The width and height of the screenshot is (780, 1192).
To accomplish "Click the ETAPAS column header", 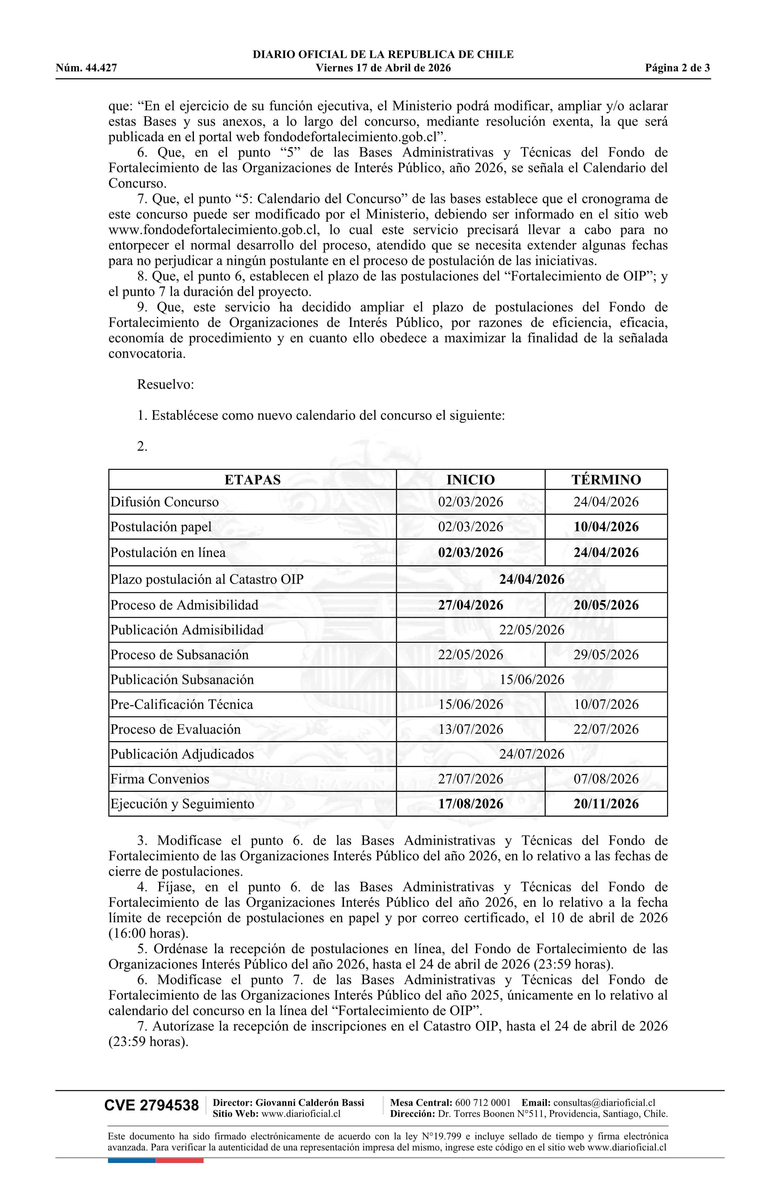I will tap(252, 480).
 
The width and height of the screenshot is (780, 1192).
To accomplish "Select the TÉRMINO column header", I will tap(606, 480).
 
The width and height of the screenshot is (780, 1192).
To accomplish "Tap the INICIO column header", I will tap(470, 480).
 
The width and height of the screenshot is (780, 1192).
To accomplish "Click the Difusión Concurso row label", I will tap(165, 502).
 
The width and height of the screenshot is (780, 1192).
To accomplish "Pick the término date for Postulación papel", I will tap(606, 527).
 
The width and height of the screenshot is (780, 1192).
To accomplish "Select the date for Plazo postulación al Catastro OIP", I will tap(531, 579).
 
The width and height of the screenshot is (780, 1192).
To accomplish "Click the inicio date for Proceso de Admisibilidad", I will tap(470, 605).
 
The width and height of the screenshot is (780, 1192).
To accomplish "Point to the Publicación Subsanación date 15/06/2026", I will tap(531, 680).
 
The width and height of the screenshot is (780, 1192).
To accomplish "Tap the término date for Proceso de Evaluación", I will tap(606, 729).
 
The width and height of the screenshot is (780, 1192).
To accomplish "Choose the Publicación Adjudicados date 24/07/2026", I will tap(531, 754).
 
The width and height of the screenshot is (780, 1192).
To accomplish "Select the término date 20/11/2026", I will tap(606, 804).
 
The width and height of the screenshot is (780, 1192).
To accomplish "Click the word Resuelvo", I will tap(165, 384).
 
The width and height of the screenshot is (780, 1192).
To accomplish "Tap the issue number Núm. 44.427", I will tap(86, 68).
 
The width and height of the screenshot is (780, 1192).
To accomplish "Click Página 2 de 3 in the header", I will tap(677, 68).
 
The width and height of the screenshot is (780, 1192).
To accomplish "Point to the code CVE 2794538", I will tap(151, 1106).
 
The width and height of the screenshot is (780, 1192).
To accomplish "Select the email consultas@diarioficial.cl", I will tap(604, 1103).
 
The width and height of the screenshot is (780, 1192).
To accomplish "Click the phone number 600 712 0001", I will tap(483, 1103).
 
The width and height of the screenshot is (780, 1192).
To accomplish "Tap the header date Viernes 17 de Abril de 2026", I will tap(383, 68).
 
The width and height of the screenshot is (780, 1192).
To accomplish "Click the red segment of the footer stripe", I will tap(180, 1161).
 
